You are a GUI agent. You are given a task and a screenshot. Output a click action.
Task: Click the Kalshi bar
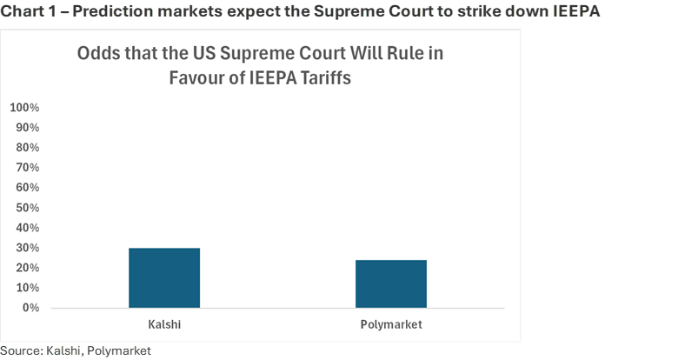pyautogui.click(x=164, y=277)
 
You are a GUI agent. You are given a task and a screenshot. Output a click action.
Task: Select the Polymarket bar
pyautogui.click(x=391, y=283)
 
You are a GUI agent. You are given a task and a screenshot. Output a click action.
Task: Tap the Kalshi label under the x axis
pyautogui.click(x=164, y=324)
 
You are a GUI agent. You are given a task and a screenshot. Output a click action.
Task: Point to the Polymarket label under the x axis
pyautogui.click(x=391, y=324)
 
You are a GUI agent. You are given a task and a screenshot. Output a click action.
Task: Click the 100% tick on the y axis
pyautogui.click(x=24, y=108)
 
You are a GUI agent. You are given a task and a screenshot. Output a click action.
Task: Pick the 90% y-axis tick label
pyautogui.click(x=27, y=128)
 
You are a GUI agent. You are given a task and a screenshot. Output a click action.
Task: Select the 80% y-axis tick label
pyautogui.click(x=27, y=148)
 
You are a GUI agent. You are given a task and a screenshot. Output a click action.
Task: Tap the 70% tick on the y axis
pyautogui.click(x=27, y=168)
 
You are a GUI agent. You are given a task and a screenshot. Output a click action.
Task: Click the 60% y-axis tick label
pyautogui.click(x=27, y=188)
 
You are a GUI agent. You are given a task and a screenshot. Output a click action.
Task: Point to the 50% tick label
pyautogui.click(x=27, y=208)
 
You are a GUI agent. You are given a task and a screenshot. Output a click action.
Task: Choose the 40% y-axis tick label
pyautogui.click(x=27, y=228)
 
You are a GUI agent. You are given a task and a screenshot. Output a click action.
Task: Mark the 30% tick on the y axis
pyautogui.click(x=27, y=248)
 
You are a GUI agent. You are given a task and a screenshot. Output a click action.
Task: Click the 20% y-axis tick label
pyautogui.click(x=27, y=268)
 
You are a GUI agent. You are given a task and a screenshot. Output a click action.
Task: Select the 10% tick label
pyautogui.click(x=27, y=288)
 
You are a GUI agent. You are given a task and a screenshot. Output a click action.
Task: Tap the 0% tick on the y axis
pyautogui.click(x=30, y=308)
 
